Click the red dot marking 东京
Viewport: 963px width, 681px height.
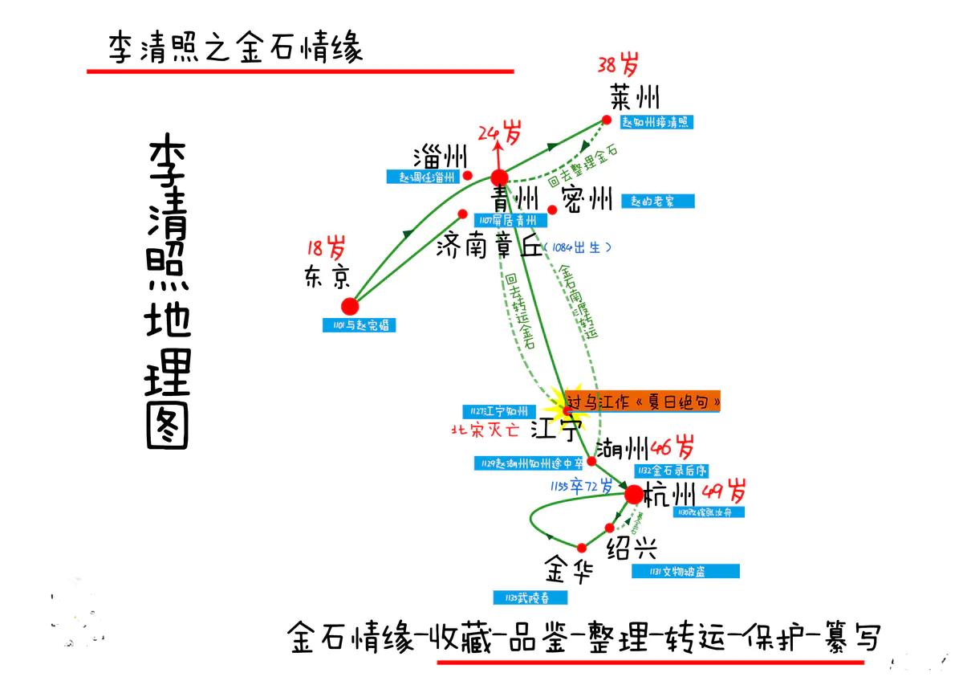[x=350, y=306]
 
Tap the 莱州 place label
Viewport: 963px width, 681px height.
[x=634, y=98]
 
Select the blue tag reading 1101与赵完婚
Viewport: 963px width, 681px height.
[x=360, y=326]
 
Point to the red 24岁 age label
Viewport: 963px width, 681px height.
[x=499, y=132]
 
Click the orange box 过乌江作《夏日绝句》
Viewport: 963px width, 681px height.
[x=643, y=400]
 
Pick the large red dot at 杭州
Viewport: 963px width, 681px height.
[x=634, y=495]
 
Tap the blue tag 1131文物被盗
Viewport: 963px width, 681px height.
[x=685, y=571]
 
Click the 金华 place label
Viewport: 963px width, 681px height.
[x=569, y=571]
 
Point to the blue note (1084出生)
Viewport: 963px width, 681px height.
[x=577, y=247]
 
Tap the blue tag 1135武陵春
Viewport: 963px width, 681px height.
[x=531, y=597]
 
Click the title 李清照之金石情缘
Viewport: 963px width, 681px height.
[x=236, y=48]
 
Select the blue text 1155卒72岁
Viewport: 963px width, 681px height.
[x=581, y=486]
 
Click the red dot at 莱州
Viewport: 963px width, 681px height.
[x=607, y=120]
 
